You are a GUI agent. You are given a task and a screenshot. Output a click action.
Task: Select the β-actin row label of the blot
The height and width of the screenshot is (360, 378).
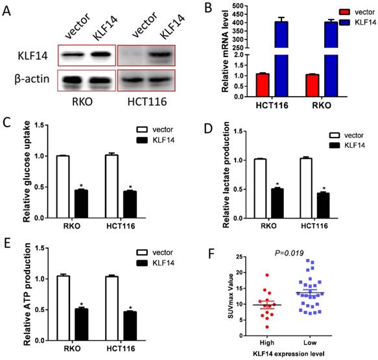click(x=29, y=81)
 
